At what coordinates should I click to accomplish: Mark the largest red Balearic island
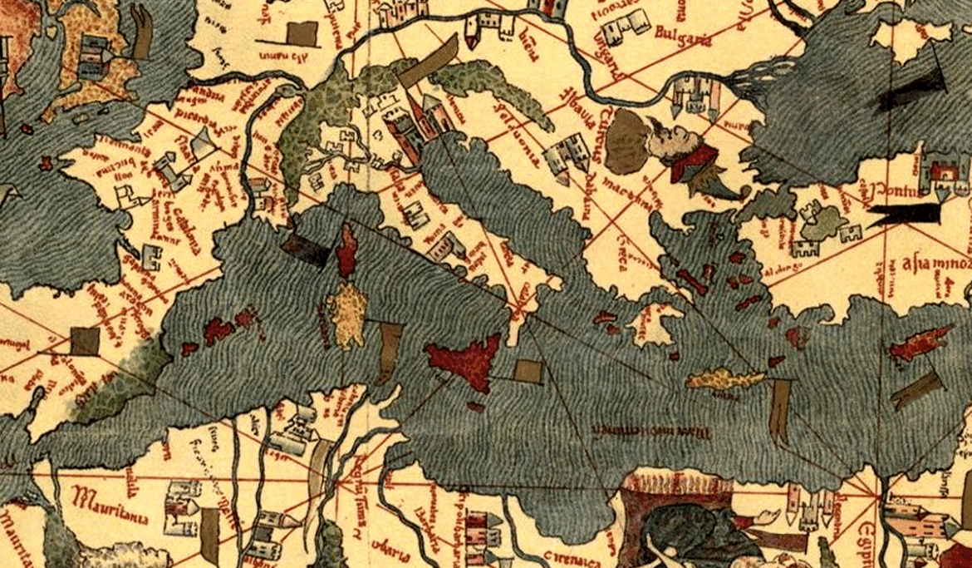[219, 330]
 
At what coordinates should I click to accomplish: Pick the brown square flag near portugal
[84, 341]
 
